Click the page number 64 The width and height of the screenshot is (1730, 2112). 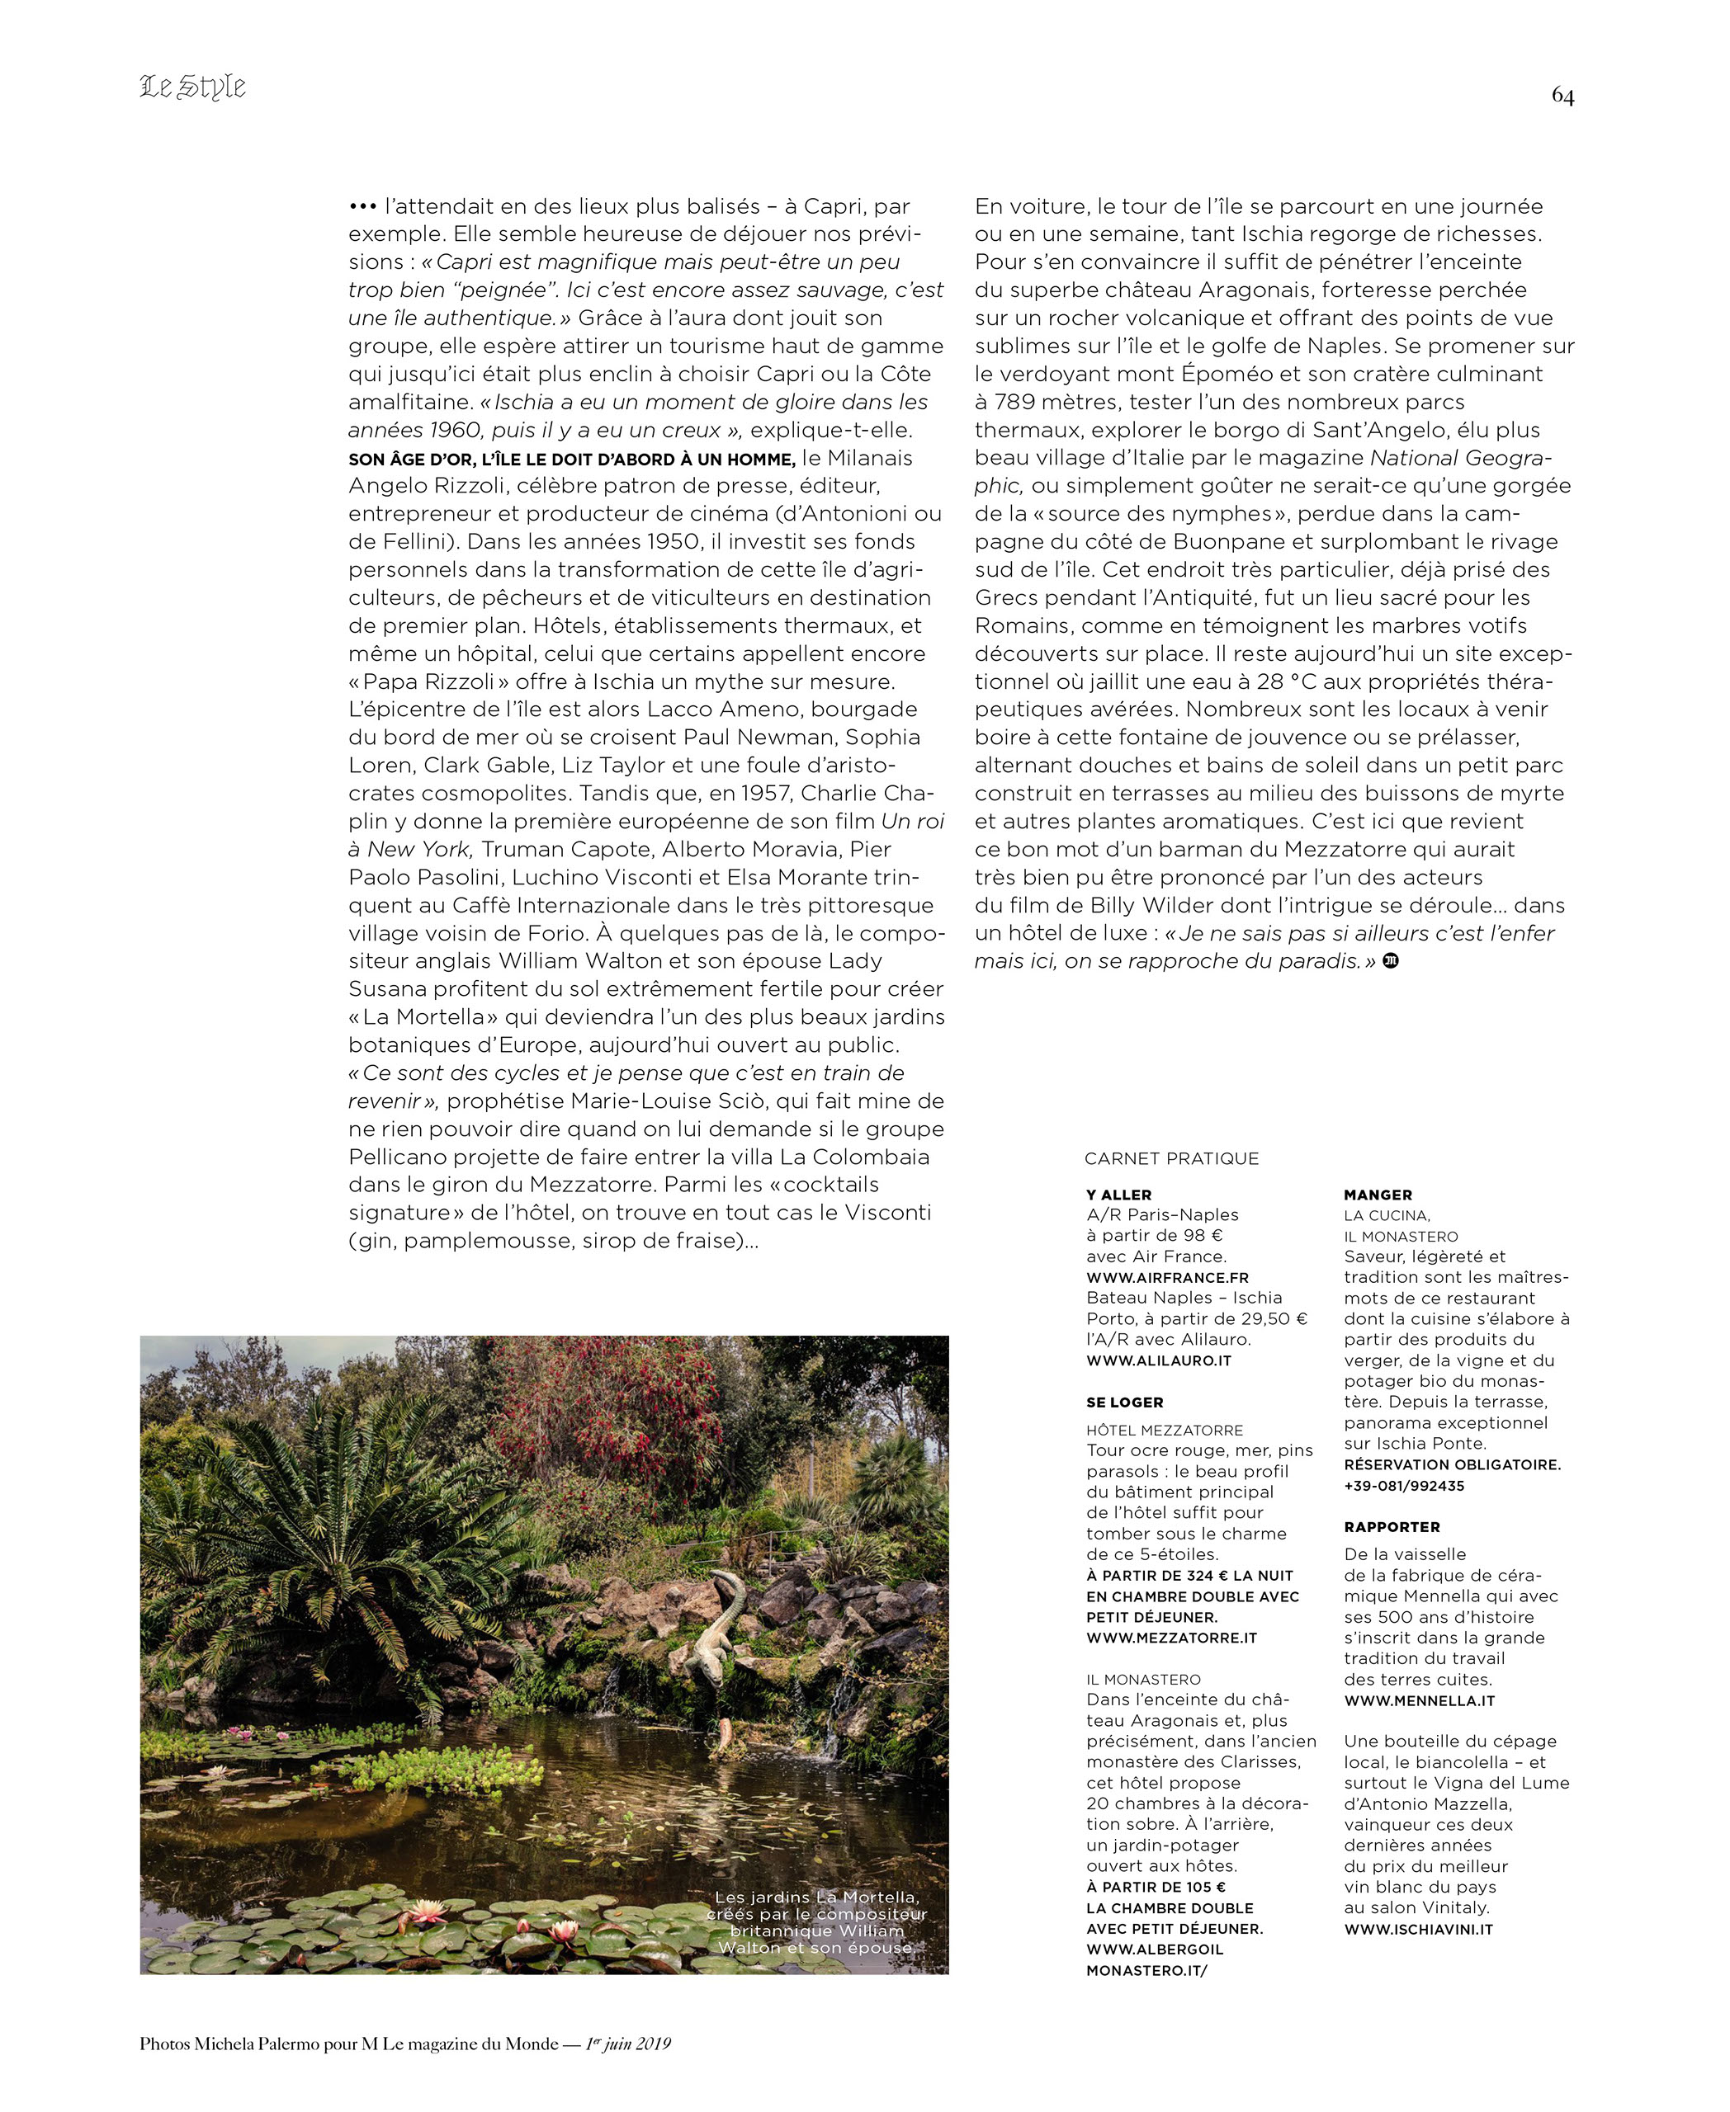tap(1562, 96)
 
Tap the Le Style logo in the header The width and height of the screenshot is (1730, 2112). tap(192, 87)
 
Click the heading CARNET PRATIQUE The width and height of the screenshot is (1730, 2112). tap(1171, 1157)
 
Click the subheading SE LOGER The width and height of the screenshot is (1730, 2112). tap(1124, 1402)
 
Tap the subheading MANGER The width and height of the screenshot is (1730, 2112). tap(1378, 1195)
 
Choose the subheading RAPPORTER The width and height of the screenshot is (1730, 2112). tap(1391, 1526)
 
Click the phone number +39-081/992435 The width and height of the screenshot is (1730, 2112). tap(1403, 1485)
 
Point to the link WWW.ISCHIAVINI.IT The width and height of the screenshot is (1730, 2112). tap(1418, 1929)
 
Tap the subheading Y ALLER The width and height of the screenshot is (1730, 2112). tap(1118, 1195)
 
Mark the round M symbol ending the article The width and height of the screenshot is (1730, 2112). tap(1391, 960)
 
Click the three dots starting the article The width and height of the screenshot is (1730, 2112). tap(362, 207)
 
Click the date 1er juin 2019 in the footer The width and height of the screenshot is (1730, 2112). tap(628, 2044)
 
